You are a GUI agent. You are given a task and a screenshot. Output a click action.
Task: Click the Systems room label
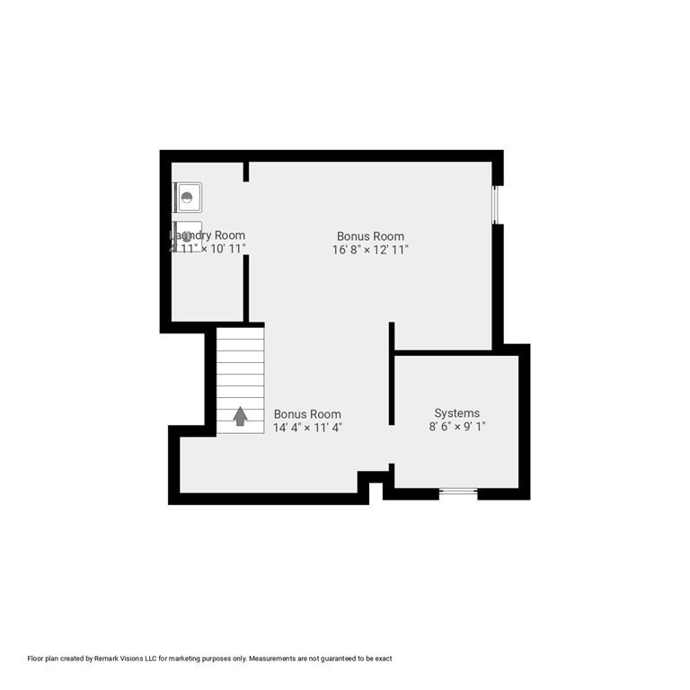coord(456,413)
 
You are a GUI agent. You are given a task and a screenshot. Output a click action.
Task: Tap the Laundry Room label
coord(208,235)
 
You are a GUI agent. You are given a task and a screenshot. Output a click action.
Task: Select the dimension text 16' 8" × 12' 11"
coord(370,251)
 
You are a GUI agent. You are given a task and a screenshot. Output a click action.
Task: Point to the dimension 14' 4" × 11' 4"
coord(307,428)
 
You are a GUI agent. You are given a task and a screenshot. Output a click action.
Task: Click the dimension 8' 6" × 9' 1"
coord(457,428)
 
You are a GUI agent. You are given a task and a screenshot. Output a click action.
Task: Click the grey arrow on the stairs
coord(240,416)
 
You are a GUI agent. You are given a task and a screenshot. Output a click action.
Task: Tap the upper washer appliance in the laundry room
coord(188,197)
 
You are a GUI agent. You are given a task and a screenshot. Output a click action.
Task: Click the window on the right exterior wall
coord(496,205)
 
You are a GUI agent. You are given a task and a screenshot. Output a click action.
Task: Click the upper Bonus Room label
coord(370,236)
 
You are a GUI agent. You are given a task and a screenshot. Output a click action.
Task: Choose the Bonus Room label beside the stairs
coord(307,414)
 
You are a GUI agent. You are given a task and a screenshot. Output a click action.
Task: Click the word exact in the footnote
coord(383,659)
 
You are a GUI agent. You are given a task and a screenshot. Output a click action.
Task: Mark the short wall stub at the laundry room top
coord(246,171)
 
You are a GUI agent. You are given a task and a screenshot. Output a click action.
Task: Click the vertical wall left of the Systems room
coord(392,373)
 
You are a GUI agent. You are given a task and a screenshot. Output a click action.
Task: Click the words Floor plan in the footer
coord(44,659)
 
